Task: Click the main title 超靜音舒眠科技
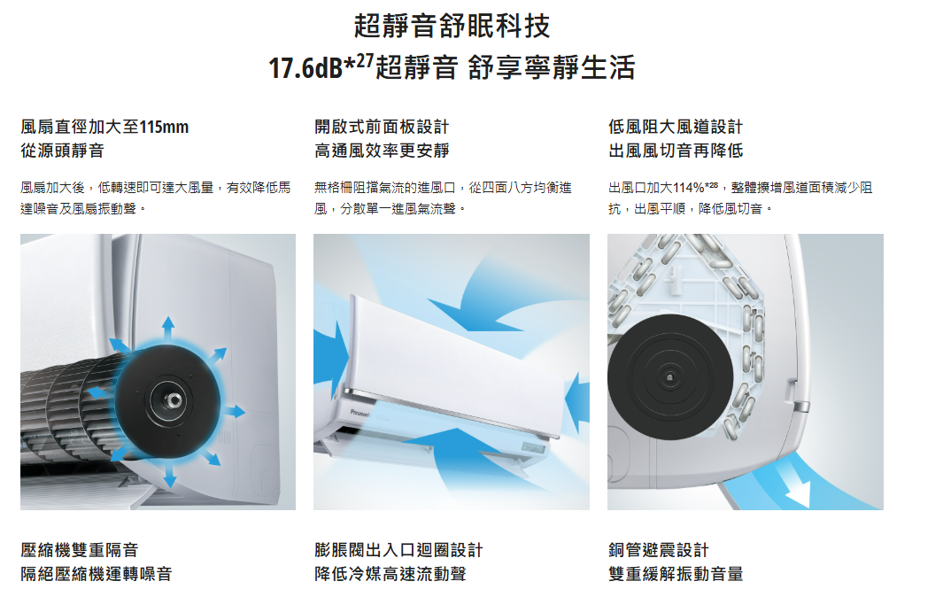[x=452, y=26]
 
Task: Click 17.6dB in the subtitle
[x=305, y=68]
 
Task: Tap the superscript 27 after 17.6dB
[x=365, y=61]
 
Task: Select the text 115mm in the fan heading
[x=164, y=127]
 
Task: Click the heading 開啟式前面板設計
[x=382, y=127]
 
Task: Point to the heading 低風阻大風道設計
[x=676, y=127]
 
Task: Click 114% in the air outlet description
[x=688, y=188]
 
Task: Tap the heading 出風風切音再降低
[x=676, y=151]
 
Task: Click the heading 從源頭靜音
[x=63, y=151]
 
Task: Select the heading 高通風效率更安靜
[x=382, y=151]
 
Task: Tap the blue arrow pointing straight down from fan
[x=170, y=472]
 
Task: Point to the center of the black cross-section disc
[x=670, y=377]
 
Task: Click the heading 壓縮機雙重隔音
[x=80, y=550]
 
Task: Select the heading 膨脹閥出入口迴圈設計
[x=398, y=550]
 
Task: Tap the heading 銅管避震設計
[x=659, y=550]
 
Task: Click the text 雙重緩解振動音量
[x=676, y=574]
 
